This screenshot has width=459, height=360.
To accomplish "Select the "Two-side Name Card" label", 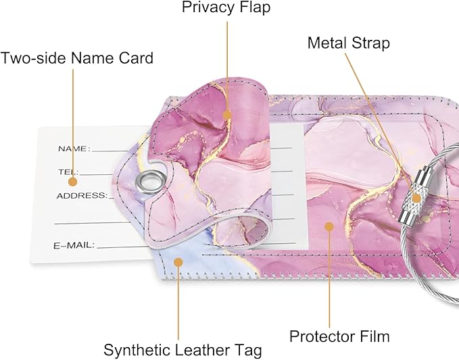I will pyautogui.click(x=77, y=58).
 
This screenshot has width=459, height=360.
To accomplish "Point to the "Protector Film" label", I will pyautogui.click(x=339, y=336).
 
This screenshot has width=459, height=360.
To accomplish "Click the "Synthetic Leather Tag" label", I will pyautogui.click(x=183, y=350).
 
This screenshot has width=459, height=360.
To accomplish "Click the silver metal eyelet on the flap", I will pyautogui.click(x=149, y=181).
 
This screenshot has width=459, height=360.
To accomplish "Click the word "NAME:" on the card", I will pyautogui.click(x=73, y=149).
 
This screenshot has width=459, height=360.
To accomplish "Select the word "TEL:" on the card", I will pyautogui.click(x=68, y=172).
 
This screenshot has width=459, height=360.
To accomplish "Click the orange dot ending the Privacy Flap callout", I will pyautogui.click(x=228, y=115).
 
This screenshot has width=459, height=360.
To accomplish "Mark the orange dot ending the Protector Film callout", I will pyautogui.click(x=329, y=226).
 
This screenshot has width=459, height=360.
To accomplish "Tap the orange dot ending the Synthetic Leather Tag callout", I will pyautogui.click(x=178, y=261).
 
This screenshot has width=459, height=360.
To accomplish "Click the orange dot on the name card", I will pyautogui.click(x=73, y=181).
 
